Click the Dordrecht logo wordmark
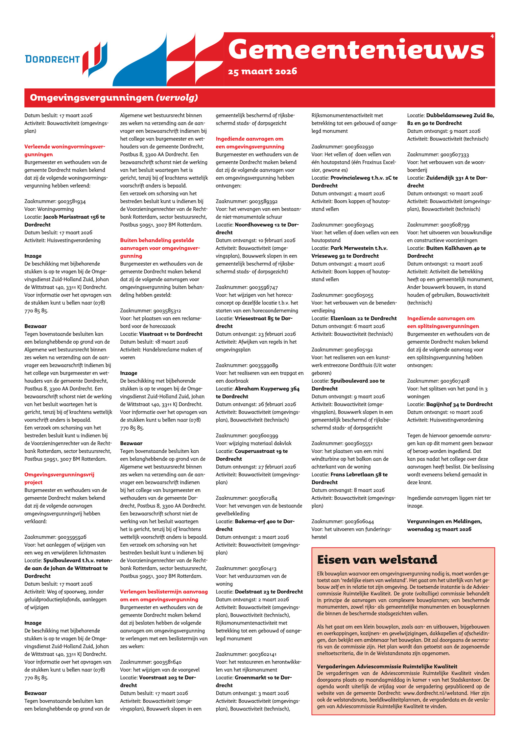coord(53,59)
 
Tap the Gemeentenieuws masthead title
coord(356,49)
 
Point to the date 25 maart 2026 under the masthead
coord(262,71)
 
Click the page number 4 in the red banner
coord(492,36)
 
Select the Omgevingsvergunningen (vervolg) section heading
coord(114,98)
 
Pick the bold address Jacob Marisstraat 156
coord(74,217)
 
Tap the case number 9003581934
coord(71,201)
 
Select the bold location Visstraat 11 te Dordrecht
coord(171,334)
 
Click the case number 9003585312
coord(167,310)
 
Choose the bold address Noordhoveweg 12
coord(266,225)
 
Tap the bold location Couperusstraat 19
coord(261,451)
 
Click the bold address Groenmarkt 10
coord(263,677)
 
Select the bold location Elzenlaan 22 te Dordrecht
coord(363,318)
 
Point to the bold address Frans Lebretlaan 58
coord(359,474)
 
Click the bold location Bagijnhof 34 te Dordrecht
coord(459,404)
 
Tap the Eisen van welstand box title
coord(377,559)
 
